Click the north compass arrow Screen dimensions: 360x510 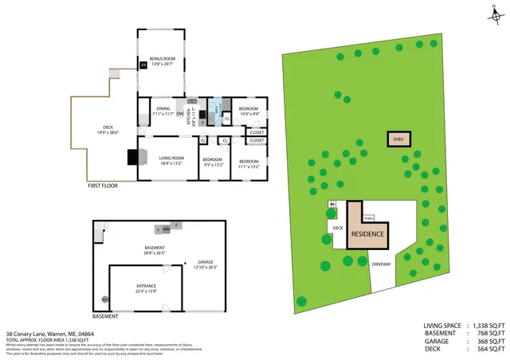(494, 13)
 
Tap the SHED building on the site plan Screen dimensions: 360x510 (398, 139)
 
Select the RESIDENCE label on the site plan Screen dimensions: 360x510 (368, 234)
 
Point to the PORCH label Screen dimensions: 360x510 (369, 217)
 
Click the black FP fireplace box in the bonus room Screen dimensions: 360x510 (143, 65)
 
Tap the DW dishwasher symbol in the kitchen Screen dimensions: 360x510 (181, 114)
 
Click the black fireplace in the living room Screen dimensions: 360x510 (131, 157)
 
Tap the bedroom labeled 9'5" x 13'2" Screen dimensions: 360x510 (212, 161)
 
